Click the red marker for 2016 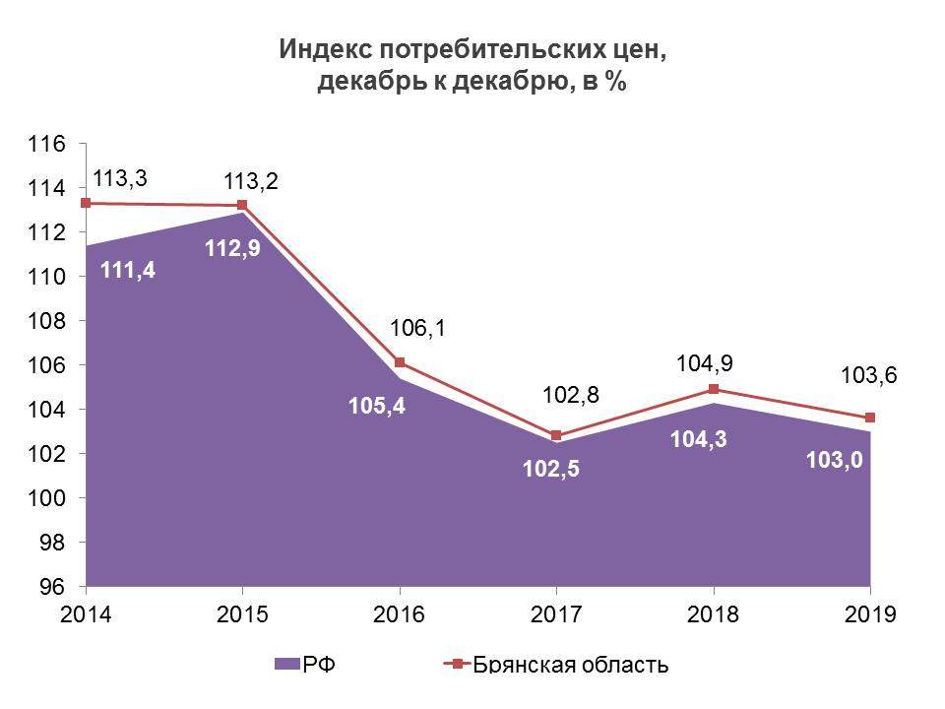point(400,362)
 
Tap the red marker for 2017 point(556,435)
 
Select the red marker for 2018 point(714,389)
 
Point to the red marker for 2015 point(243,205)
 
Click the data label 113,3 point(119,179)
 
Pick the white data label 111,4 point(127,269)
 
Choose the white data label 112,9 point(232,249)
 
